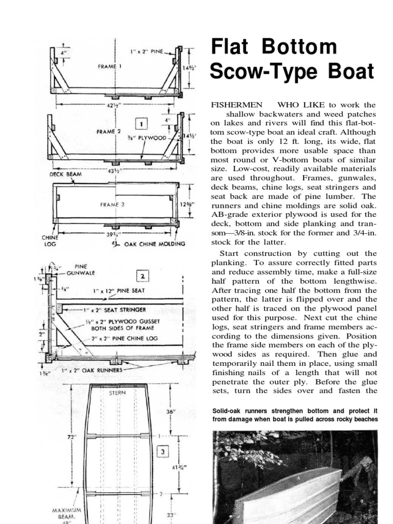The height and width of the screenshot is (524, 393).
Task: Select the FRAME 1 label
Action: coord(110,66)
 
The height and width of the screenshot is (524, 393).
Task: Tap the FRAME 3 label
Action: coord(112,204)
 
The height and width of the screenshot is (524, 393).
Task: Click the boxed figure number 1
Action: coord(141,123)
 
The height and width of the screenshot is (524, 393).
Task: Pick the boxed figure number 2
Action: coord(142,276)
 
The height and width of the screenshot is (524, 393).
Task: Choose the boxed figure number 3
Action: coord(162,452)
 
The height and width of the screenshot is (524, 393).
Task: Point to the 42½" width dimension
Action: coord(114,106)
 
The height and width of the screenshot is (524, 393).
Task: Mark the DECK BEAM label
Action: coord(65,173)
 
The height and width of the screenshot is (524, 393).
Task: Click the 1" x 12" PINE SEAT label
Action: coord(119,291)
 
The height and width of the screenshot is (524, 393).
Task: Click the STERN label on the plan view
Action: coord(117,393)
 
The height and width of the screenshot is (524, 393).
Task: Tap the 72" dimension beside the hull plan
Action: coord(71,438)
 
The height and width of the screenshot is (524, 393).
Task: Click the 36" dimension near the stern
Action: coord(170,411)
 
